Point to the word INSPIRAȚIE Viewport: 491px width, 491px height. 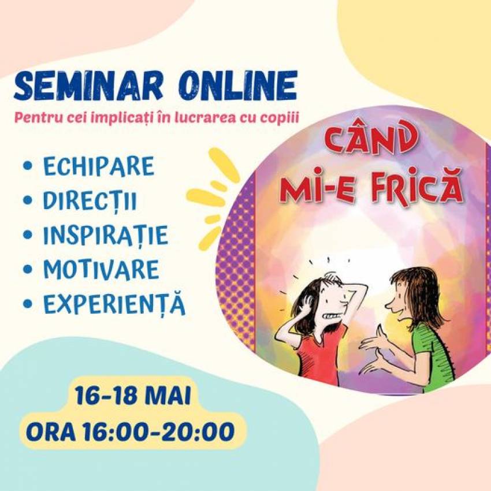[x=106, y=235]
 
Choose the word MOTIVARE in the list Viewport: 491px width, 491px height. [x=101, y=269]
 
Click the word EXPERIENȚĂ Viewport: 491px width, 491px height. [x=114, y=304]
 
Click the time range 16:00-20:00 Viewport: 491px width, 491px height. [x=159, y=431]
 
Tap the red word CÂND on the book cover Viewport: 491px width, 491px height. [x=369, y=140]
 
